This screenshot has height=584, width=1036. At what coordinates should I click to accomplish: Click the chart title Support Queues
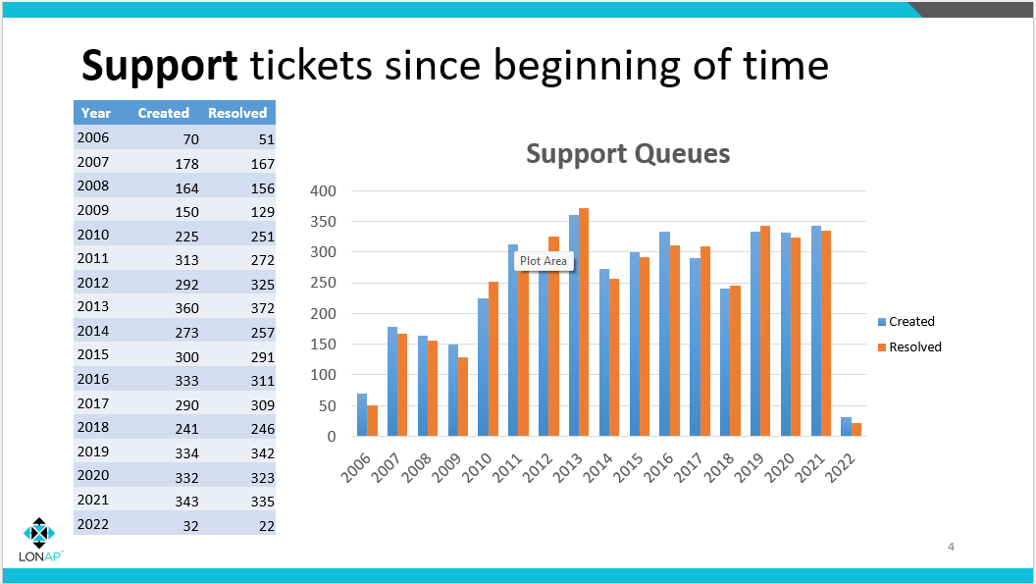pyautogui.click(x=628, y=154)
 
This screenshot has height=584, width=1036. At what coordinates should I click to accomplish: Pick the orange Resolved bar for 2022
pyautogui.click(x=856, y=429)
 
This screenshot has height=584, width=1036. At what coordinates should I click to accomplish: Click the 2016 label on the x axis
pyautogui.click(x=658, y=462)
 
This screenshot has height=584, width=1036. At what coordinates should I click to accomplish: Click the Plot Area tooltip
pyautogui.click(x=544, y=261)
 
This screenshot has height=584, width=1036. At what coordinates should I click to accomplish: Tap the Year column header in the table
pyautogui.click(x=95, y=113)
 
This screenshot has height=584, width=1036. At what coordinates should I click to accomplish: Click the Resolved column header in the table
pyautogui.click(x=237, y=113)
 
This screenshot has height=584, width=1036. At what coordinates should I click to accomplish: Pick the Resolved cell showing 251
pyautogui.click(x=261, y=236)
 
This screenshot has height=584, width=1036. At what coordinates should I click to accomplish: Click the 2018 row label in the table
pyautogui.click(x=92, y=428)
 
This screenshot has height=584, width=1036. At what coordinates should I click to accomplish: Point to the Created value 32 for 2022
pyautogui.click(x=190, y=525)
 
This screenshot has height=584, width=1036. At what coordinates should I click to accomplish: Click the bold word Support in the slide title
pyautogui.click(x=159, y=66)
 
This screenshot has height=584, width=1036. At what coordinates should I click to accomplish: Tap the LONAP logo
pyautogui.click(x=40, y=539)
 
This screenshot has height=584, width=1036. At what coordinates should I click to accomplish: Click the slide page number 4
pyautogui.click(x=951, y=547)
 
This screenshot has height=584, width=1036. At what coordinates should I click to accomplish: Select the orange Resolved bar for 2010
pyautogui.click(x=493, y=359)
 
